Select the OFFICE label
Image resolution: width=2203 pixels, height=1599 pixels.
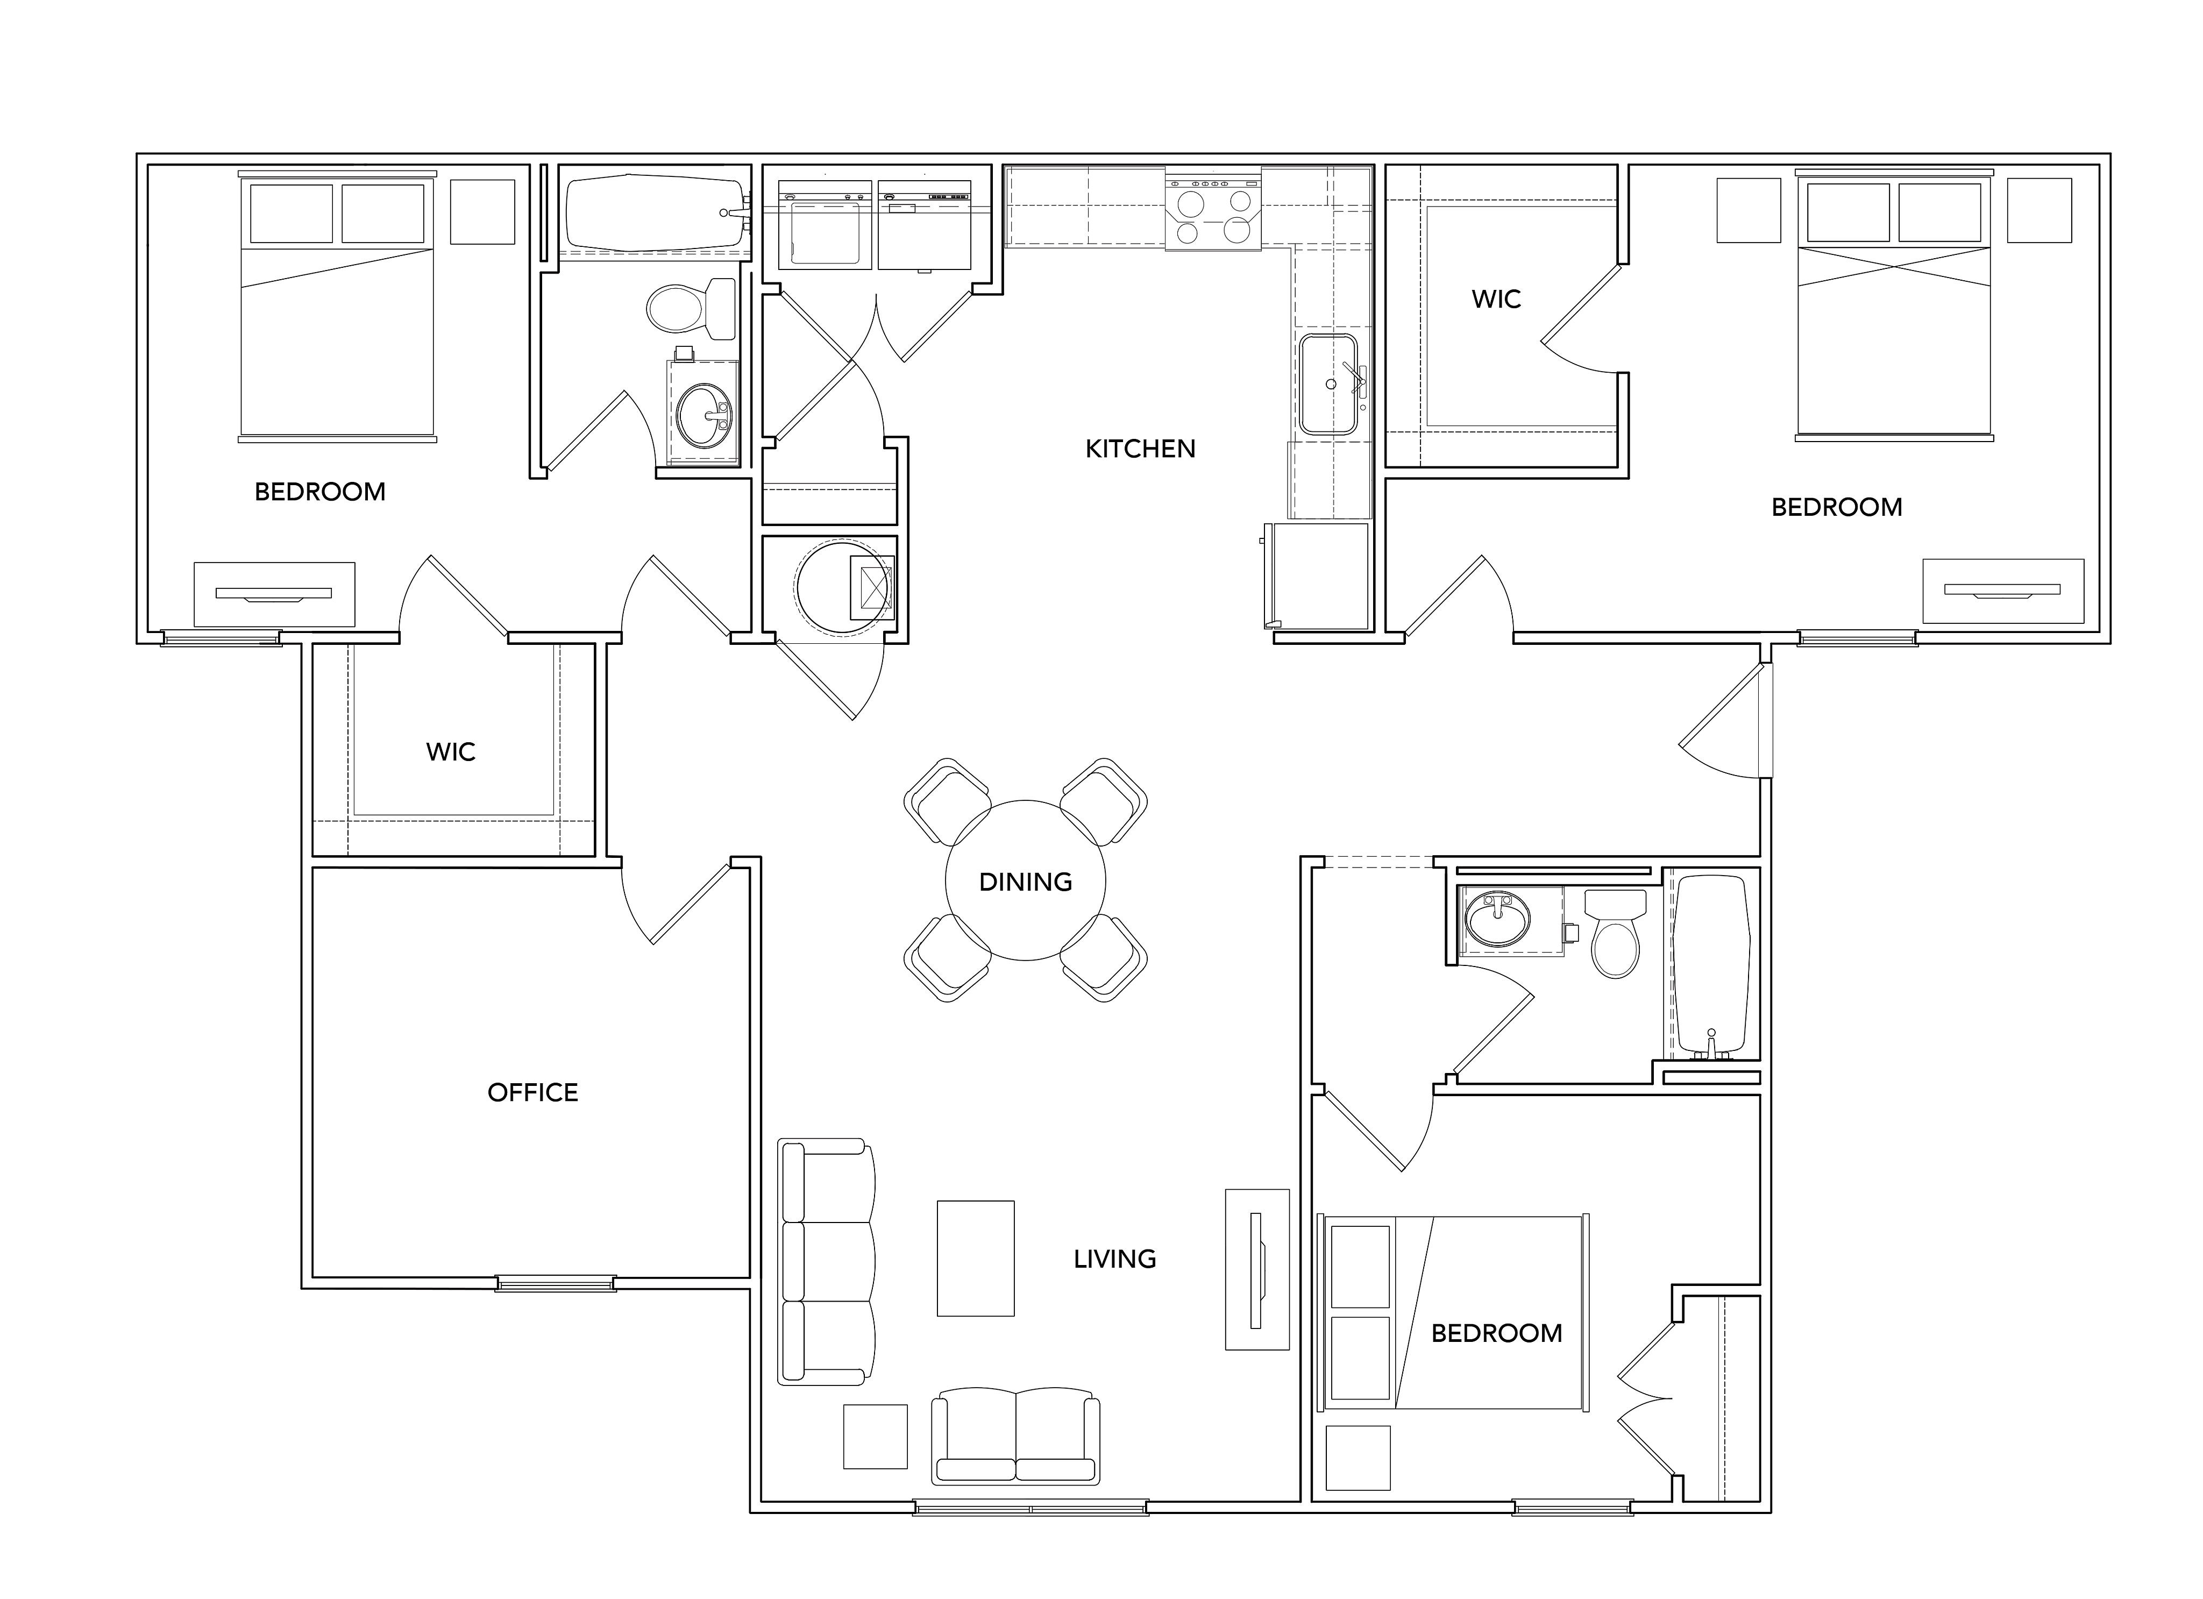coord(532,1093)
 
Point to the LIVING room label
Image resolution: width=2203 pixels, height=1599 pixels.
coord(1114,1259)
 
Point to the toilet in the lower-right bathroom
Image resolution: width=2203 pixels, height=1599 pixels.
coord(1615,933)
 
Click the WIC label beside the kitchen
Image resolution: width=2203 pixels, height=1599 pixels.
coord(1496,299)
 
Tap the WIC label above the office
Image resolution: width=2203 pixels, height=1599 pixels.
coord(451,752)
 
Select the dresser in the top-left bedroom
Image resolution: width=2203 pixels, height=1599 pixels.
coord(274,594)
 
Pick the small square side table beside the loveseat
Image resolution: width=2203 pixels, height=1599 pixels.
coord(875,1437)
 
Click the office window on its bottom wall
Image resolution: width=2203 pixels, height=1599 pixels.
coord(556,1283)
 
